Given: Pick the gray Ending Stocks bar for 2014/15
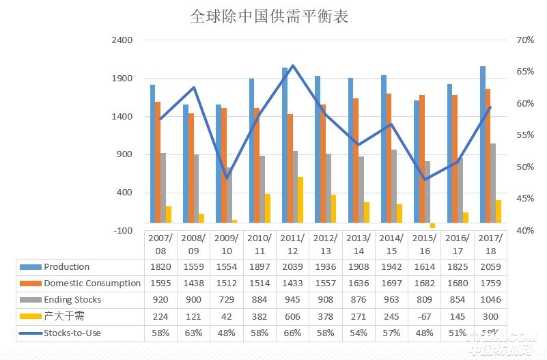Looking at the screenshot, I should (394, 186).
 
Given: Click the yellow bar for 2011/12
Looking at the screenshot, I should (300, 199).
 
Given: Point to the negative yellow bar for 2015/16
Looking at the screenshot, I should (432, 225).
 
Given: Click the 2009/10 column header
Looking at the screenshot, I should (226, 245).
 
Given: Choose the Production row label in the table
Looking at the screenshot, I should (66, 267).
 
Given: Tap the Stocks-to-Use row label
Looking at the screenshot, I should (72, 333).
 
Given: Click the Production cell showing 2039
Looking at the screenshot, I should (292, 267).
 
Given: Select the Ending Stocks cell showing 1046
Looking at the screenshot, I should (490, 300).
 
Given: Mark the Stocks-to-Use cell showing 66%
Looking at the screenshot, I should (292, 333).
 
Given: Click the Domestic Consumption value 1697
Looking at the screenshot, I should (391, 283).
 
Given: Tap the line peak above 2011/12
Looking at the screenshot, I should (292, 66).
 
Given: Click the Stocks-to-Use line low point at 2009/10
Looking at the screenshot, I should (227, 178).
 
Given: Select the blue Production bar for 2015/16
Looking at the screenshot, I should (417, 161).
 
